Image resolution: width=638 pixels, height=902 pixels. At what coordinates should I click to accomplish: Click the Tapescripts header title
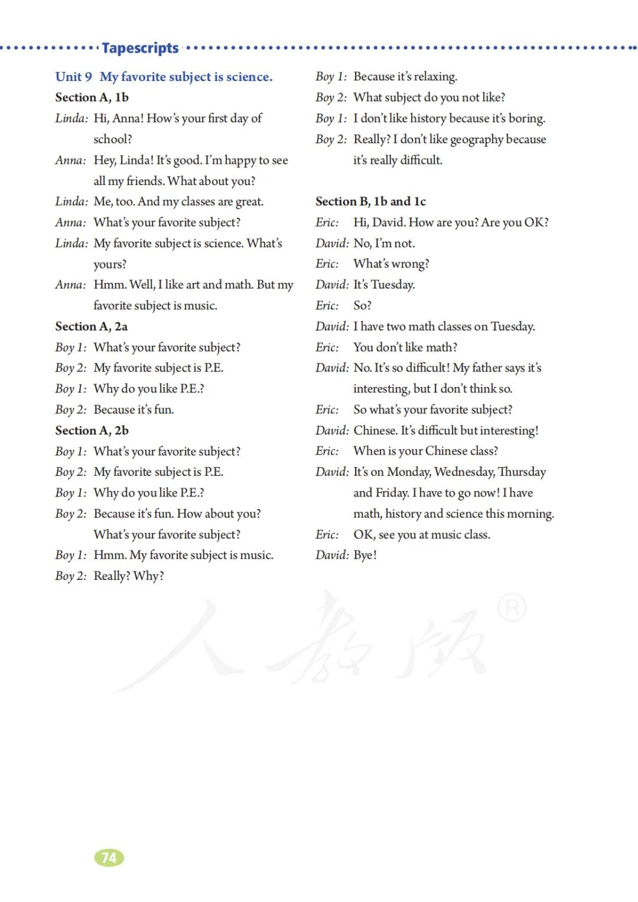(140, 48)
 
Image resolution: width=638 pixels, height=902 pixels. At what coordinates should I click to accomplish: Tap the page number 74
(109, 858)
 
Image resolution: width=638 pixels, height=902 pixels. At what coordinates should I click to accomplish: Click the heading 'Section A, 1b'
(92, 98)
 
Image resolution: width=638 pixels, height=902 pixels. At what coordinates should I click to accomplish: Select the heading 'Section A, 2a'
(91, 326)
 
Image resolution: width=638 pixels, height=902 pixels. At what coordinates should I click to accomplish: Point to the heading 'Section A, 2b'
(92, 430)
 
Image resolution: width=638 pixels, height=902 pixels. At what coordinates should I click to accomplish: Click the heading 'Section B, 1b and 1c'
(370, 202)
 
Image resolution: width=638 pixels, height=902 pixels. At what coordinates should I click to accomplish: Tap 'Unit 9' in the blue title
(74, 77)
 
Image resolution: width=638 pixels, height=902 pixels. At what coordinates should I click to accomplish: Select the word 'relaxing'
(435, 77)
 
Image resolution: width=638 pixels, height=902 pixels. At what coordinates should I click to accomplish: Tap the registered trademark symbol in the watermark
(512, 609)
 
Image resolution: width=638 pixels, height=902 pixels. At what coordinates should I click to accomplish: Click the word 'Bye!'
(365, 555)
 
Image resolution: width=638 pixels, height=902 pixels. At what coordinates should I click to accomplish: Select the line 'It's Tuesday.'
(384, 285)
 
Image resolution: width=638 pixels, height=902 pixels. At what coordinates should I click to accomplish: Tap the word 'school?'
(113, 139)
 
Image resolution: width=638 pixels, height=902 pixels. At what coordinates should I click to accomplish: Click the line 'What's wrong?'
(391, 264)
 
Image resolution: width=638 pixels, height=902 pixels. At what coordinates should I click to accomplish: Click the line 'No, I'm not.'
(384, 244)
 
